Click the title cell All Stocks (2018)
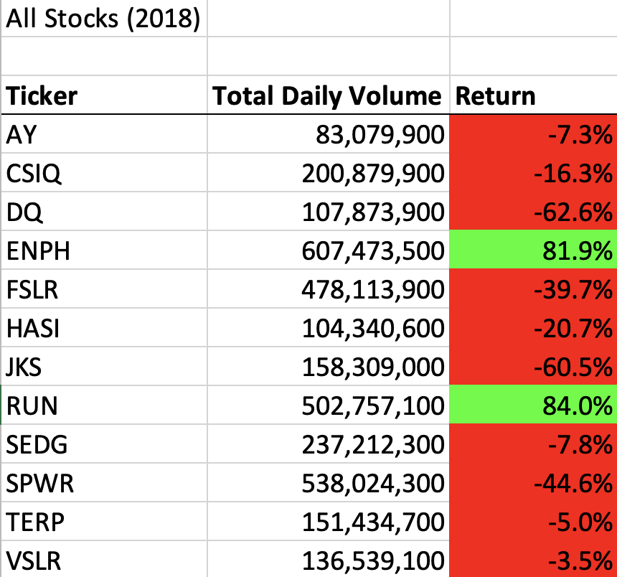tap(103, 19)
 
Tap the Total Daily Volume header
tap(327, 96)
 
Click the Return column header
tap(496, 96)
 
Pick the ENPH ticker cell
tap(34, 251)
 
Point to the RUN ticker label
tap(32, 406)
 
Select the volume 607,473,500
tap(371, 251)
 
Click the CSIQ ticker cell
tap(33, 174)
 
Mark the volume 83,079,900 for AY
tap(380, 135)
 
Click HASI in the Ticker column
tap(33, 329)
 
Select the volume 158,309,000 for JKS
tap(371, 367)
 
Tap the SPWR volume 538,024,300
tap(371, 484)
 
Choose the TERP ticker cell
tap(35, 522)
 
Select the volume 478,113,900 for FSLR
tap(371, 290)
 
